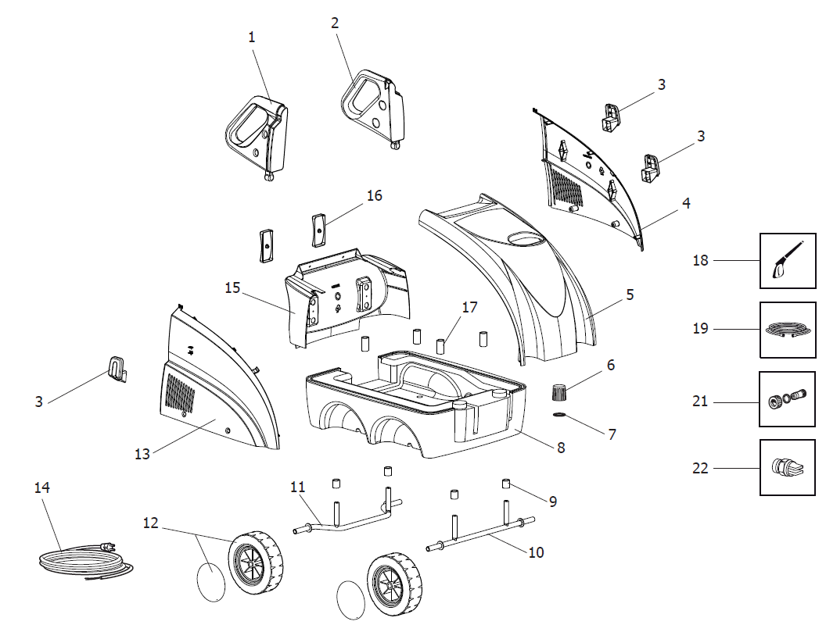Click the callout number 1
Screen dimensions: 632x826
coord(252,37)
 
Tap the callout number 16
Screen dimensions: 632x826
coord(375,195)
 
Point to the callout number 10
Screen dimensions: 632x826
coord(536,552)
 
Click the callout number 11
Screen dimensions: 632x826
coord(297,487)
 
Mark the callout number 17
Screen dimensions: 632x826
coord(469,307)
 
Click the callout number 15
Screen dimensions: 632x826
coord(232,287)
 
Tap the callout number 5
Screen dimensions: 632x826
coord(629,295)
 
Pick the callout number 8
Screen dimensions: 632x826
coord(561,448)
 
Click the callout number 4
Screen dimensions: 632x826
coord(686,203)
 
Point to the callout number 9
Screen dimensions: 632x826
coord(553,501)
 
